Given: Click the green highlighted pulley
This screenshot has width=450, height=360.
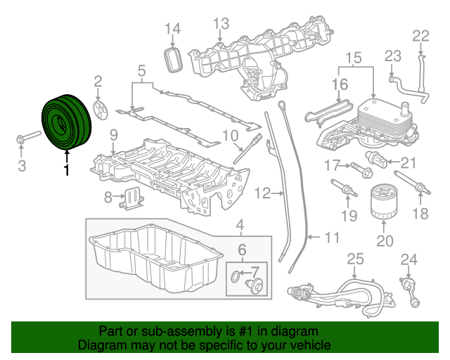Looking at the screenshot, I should pos(64,122).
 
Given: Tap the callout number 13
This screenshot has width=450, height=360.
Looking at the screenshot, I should pos(221,24).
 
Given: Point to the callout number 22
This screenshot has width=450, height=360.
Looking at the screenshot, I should pos(420,36).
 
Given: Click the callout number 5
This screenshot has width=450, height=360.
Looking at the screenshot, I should pos(141,70).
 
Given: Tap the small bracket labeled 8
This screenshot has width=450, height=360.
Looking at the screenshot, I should pos(131,199).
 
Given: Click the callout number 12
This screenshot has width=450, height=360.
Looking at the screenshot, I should pos(262,191).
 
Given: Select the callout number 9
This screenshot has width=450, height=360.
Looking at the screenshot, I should pos(112,134).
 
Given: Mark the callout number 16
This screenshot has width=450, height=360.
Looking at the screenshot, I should pos(340,84).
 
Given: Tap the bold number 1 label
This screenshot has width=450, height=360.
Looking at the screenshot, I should pos(67,170).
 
